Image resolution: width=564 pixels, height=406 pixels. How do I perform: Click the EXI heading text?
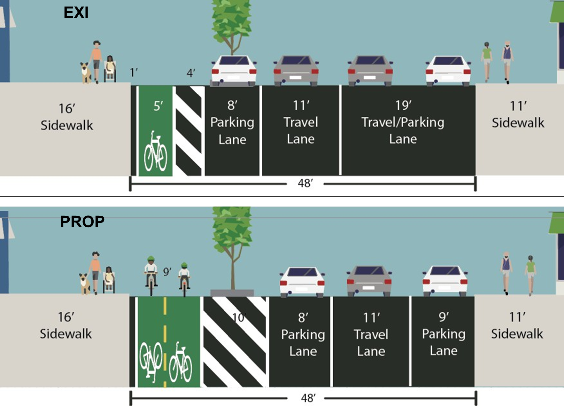[x=76, y=13]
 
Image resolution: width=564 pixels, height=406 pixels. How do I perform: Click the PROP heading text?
[x=82, y=222]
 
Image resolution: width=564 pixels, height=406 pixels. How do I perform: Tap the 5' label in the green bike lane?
[x=158, y=106]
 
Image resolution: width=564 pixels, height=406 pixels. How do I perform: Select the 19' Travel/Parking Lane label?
[x=403, y=122]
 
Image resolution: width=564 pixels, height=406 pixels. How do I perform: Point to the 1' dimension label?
[x=134, y=73]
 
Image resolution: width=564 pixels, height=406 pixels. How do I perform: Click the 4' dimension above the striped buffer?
[x=191, y=73]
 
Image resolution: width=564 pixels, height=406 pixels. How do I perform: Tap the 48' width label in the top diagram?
[x=305, y=183]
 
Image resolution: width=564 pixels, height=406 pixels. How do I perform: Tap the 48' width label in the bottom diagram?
[x=308, y=398]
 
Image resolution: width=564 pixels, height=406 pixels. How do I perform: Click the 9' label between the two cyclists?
[x=167, y=272]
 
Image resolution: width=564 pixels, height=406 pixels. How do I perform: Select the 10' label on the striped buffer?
[x=238, y=317]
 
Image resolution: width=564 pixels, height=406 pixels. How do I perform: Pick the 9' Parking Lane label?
[x=444, y=334]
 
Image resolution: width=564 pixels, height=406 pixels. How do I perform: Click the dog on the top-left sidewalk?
[x=86, y=73]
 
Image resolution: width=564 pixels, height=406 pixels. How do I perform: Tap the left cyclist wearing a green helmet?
[x=151, y=275]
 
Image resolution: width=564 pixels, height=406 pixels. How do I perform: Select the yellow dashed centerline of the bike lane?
[x=165, y=342]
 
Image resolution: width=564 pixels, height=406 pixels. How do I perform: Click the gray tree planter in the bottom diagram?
[x=232, y=293]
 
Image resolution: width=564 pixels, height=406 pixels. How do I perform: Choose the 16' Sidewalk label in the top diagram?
[x=67, y=117]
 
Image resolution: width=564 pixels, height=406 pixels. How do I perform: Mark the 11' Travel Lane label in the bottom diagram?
[x=371, y=334]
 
